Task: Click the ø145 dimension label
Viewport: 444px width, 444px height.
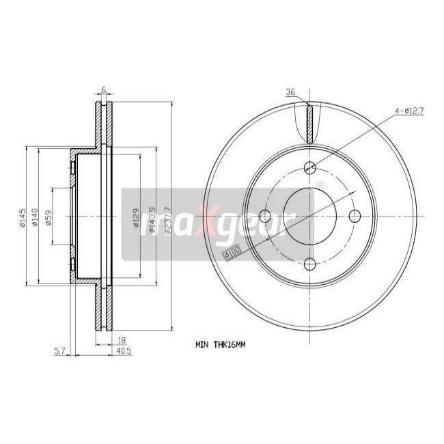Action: (x=23, y=217)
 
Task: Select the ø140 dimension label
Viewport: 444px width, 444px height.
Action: (x=36, y=217)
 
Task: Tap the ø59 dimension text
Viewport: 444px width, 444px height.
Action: (x=48, y=217)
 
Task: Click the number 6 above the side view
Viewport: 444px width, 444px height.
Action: (x=103, y=89)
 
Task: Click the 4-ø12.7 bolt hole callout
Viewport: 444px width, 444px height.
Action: (x=409, y=110)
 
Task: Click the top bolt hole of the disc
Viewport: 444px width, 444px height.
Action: (x=310, y=166)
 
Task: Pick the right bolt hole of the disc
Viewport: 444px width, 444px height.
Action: (x=354, y=216)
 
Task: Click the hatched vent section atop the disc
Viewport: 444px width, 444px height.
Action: (x=310, y=123)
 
